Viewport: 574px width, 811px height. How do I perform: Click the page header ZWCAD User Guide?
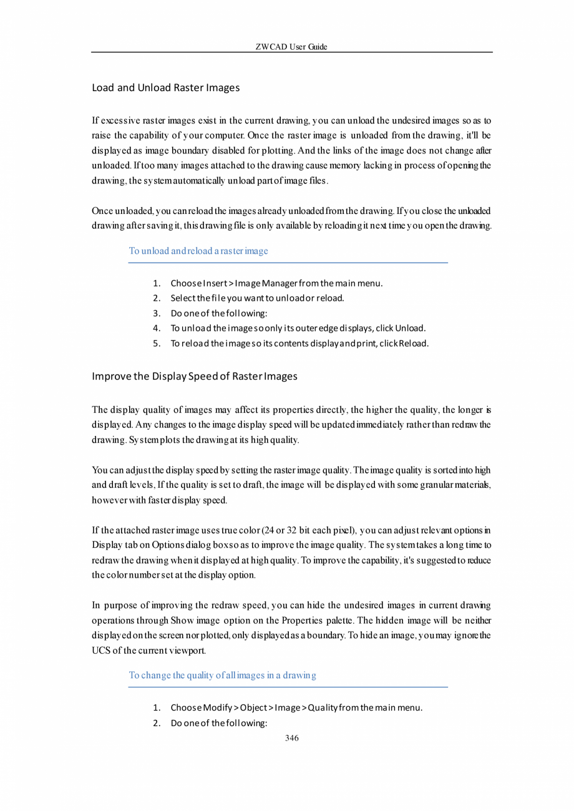pyautogui.click(x=291, y=47)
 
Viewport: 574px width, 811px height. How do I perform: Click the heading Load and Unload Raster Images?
pyautogui.click(x=165, y=88)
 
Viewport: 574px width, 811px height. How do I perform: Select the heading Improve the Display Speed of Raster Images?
pyautogui.click(x=194, y=376)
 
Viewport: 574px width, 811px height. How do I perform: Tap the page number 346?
pyautogui.click(x=291, y=738)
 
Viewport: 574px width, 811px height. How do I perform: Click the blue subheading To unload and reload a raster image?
pyautogui.click(x=198, y=251)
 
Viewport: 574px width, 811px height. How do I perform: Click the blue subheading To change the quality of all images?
pyautogui.click(x=222, y=675)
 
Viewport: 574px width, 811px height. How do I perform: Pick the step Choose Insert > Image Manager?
pyautogui.click(x=276, y=283)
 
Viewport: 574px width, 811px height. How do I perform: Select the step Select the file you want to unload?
pyautogui.click(x=257, y=298)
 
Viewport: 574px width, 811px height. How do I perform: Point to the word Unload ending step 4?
pyautogui.click(x=410, y=328)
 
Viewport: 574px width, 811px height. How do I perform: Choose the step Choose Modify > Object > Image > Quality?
pyautogui.click(x=296, y=708)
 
